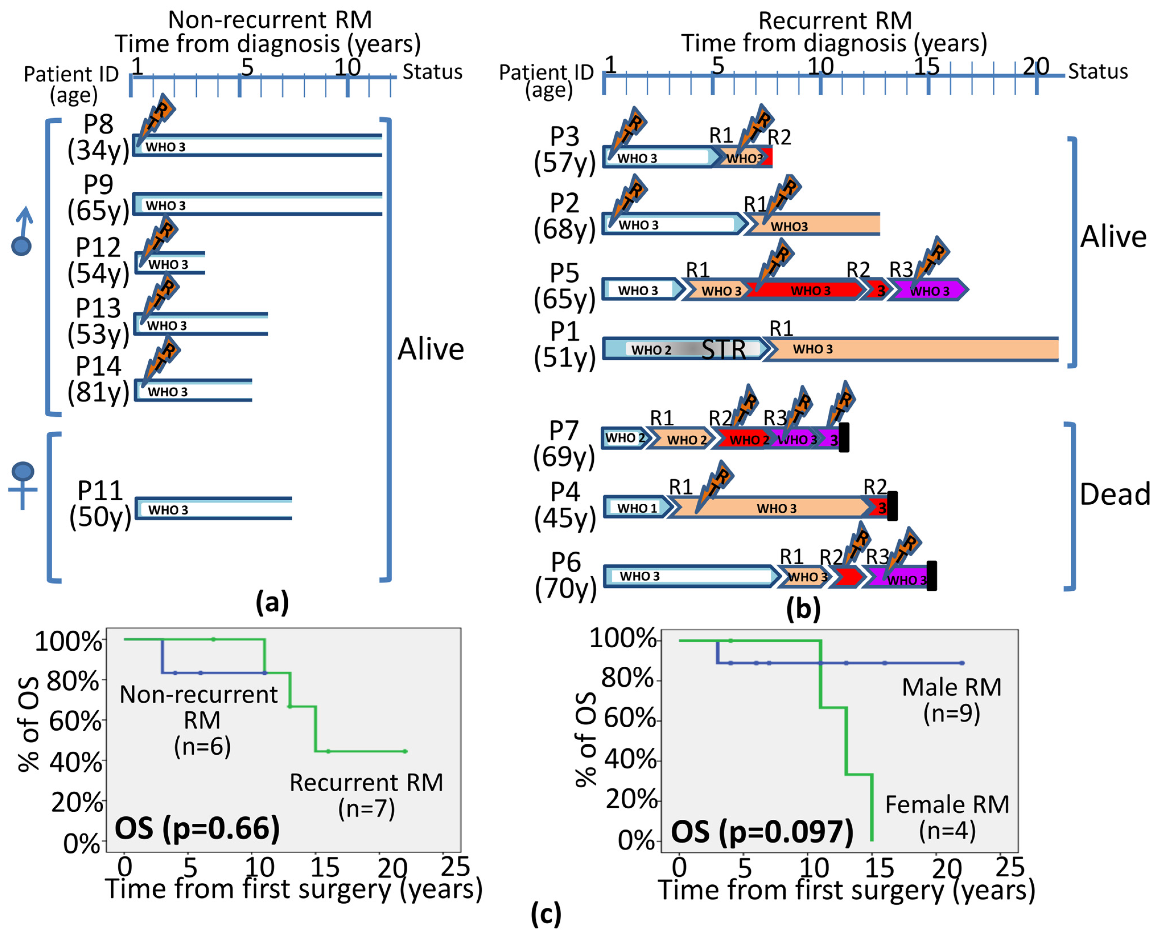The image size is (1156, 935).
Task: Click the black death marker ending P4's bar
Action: [x=892, y=505]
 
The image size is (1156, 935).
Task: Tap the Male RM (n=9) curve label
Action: [x=951, y=700]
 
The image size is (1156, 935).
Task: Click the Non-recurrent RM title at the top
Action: [x=270, y=20]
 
